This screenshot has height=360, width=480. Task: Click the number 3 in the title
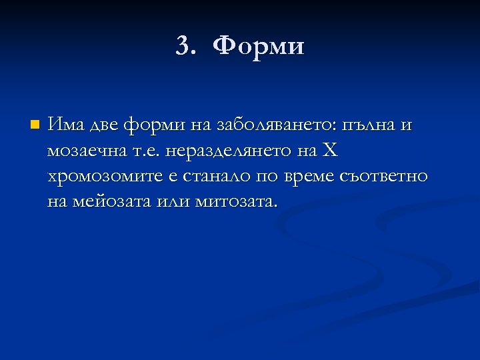pyautogui.click(x=183, y=46)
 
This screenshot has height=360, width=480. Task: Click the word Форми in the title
pyautogui.click(x=261, y=46)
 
